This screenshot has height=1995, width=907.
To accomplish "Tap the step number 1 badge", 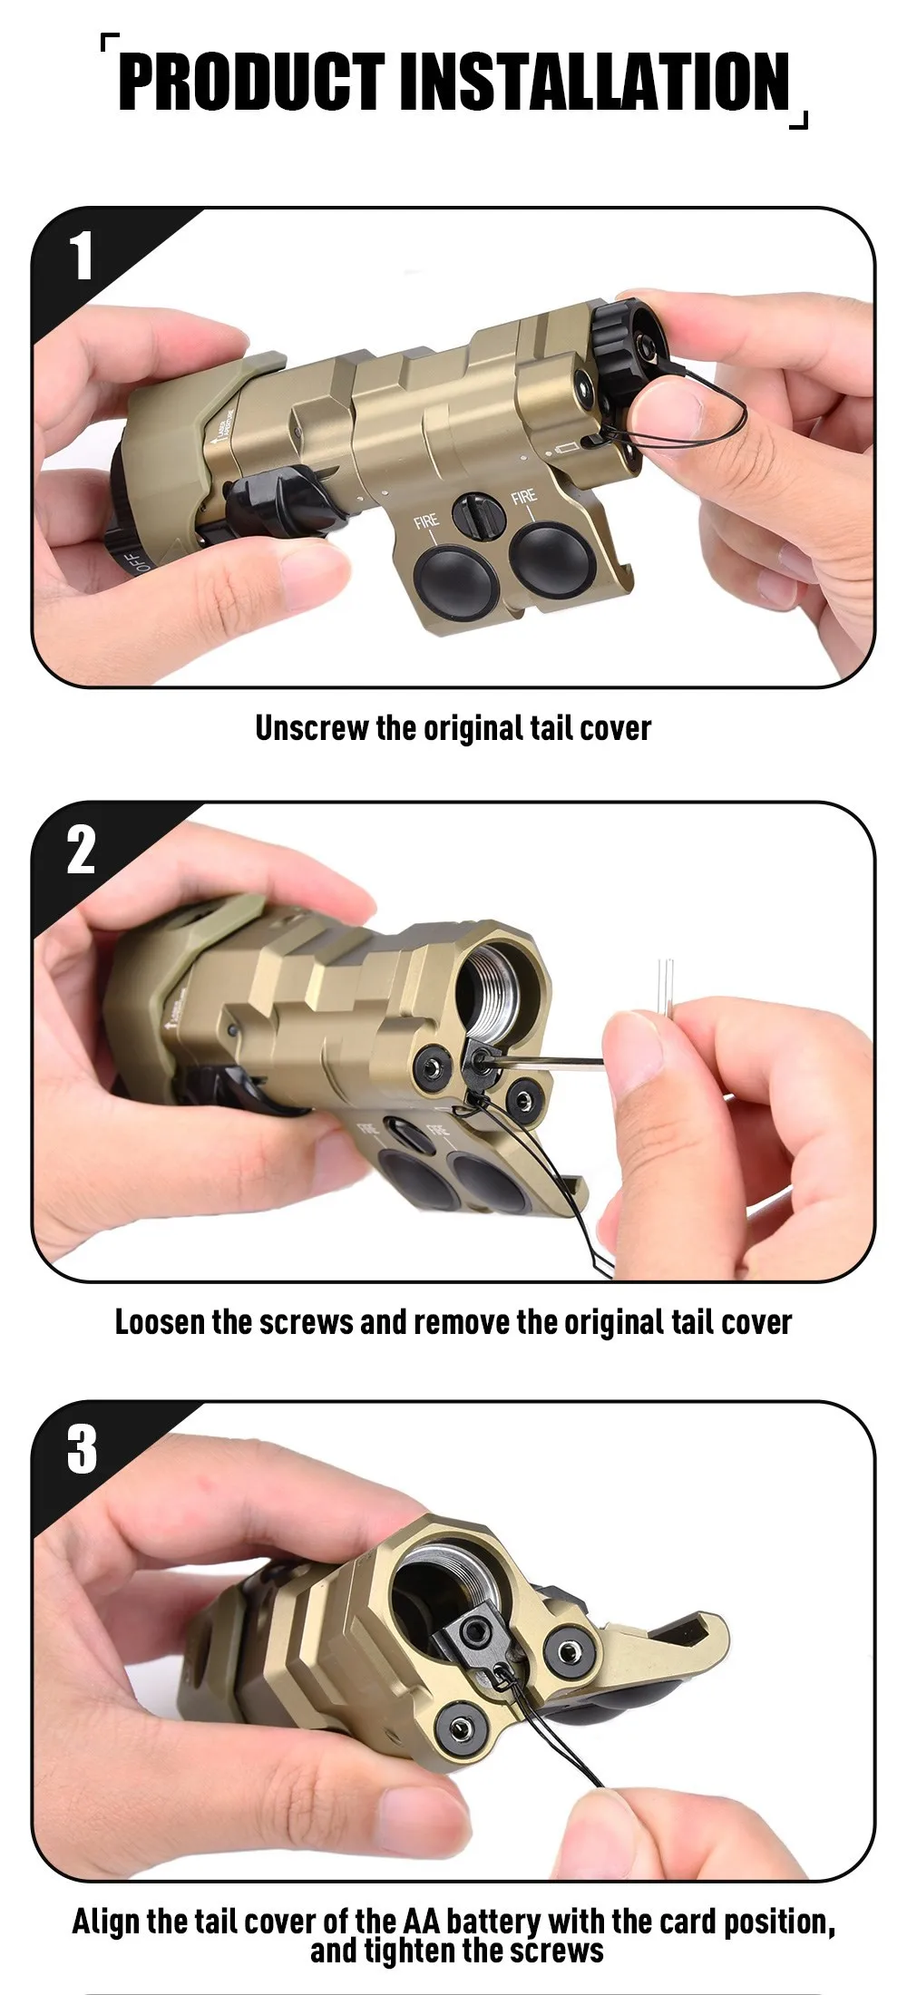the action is point(82,257).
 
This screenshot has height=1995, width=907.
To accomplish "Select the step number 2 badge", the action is point(81,850).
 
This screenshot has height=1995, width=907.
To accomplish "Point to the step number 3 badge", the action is point(82,1448).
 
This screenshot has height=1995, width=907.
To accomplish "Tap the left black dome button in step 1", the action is point(454,577).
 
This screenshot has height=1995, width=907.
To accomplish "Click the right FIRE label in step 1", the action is point(524,497).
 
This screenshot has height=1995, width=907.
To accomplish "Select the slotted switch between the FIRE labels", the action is point(478,516).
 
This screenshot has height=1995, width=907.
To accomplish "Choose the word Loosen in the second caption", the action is point(160,1322).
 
